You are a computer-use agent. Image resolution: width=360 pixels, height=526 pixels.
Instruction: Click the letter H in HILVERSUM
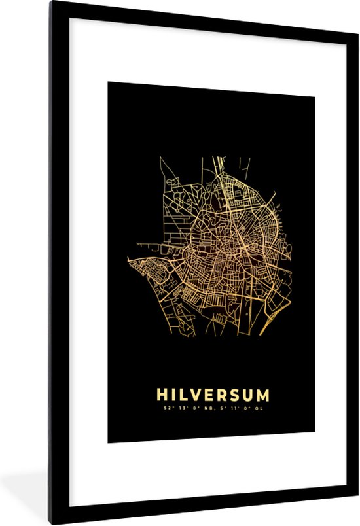(x=160, y=395)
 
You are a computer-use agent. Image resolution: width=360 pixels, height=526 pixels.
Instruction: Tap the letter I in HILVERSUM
(x=172, y=395)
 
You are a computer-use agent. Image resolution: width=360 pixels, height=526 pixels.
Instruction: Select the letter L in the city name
(x=182, y=395)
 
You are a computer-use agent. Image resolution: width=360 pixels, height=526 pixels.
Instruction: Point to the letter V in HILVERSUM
(x=195, y=395)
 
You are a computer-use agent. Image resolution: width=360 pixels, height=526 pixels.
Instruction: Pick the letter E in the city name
(x=209, y=395)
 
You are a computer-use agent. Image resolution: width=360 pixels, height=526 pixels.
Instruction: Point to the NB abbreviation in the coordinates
(x=203, y=410)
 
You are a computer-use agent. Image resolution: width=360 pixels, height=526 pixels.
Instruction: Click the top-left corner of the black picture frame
(x=49, y=3)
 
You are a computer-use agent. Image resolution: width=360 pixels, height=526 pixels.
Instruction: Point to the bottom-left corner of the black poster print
(x=108, y=442)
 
